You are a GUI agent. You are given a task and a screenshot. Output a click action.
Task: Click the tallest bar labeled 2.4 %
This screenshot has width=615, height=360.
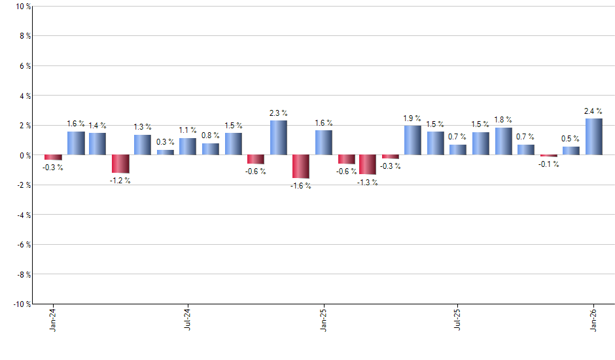click(594, 137)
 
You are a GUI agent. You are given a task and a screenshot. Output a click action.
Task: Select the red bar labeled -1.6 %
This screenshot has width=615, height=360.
click(301, 167)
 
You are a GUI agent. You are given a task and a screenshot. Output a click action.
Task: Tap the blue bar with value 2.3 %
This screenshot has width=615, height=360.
click(278, 137)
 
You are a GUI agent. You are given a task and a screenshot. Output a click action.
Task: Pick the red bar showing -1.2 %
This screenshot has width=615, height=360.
click(120, 164)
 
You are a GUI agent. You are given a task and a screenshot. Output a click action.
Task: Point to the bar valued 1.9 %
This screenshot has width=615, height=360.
click(413, 140)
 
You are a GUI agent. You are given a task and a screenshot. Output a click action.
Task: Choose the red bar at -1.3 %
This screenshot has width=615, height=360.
click(368, 165)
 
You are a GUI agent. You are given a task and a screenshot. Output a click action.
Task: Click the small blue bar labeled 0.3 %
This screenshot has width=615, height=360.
click(166, 153)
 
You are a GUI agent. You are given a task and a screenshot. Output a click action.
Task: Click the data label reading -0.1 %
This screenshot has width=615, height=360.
click(549, 164)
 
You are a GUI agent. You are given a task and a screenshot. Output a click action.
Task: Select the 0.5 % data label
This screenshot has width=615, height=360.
click(571, 139)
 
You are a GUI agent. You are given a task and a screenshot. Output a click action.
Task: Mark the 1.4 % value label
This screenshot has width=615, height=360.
click(97, 125)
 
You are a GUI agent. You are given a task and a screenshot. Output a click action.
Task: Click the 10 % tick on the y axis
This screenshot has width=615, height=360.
click(23, 7)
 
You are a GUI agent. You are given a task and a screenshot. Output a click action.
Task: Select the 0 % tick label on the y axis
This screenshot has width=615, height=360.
click(25, 155)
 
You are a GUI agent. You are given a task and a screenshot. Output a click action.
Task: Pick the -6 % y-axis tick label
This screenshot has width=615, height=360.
click(23, 245)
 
